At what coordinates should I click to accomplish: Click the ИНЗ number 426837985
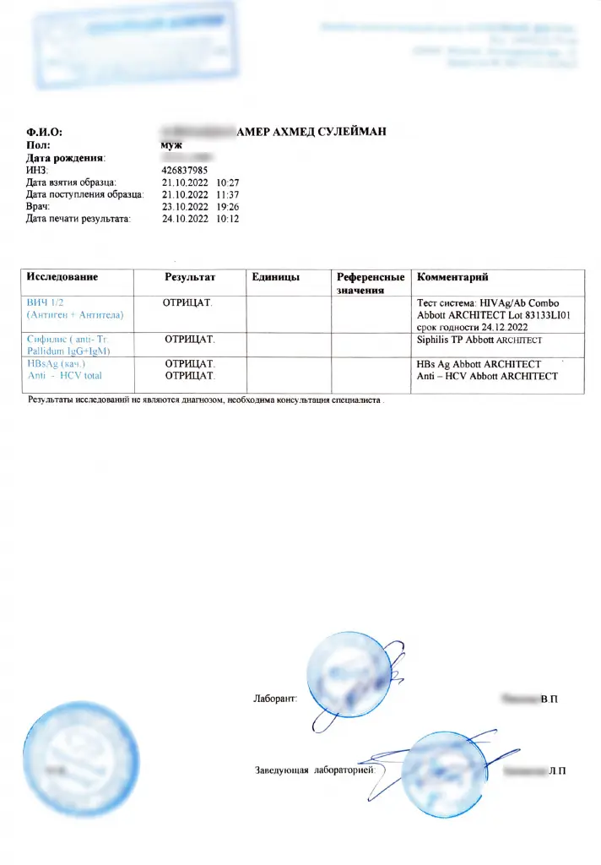click(184, 170)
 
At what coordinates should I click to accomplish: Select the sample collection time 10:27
click(228, 182)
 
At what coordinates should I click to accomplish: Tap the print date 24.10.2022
click(184, 219)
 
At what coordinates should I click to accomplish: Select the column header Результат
click(190, 277)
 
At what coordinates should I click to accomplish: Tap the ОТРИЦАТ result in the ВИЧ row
click(188, 302)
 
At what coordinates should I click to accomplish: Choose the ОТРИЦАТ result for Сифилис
click(190, 339)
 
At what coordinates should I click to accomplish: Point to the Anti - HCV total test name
click(65, 375)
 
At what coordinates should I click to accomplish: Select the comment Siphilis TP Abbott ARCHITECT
click(479, 340)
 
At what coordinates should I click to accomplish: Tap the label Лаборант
click(274, 699)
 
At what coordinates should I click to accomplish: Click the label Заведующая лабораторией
click(319, 770)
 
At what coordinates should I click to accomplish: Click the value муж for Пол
click(171, 144)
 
